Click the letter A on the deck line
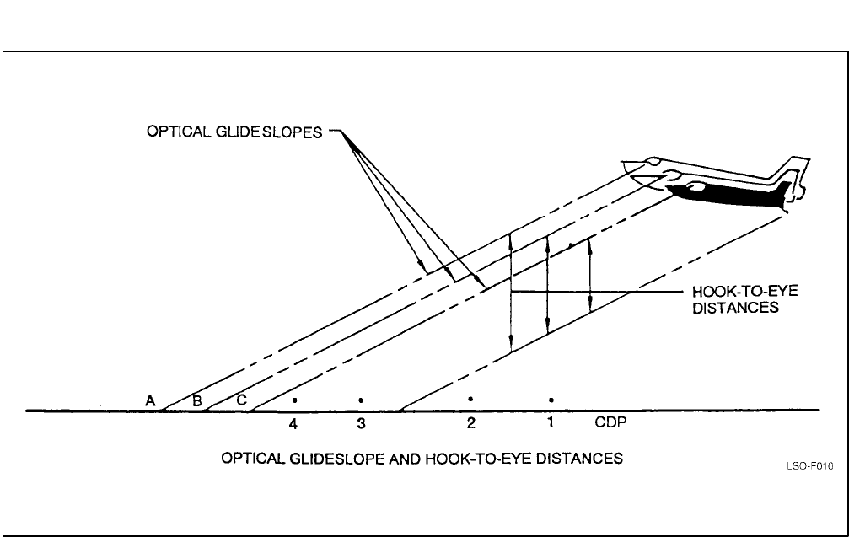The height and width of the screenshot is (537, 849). click(150, 401)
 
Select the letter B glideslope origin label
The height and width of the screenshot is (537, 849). click(197, 401)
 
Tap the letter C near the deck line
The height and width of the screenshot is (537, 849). click(241, 401)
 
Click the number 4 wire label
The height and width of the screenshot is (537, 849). click(293, 424)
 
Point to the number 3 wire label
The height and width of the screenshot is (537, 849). click(360, 424)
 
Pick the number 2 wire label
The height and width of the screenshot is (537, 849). click(470, 422)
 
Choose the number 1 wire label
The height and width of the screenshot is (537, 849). click(550, 422)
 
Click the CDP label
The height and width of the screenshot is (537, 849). click(611, 422)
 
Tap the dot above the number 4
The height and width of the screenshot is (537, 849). click(294, 400)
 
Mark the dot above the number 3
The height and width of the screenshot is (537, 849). click(361, 400)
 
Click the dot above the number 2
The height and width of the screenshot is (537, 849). click(470, 398)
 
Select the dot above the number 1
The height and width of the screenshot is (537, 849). click(551, 399)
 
